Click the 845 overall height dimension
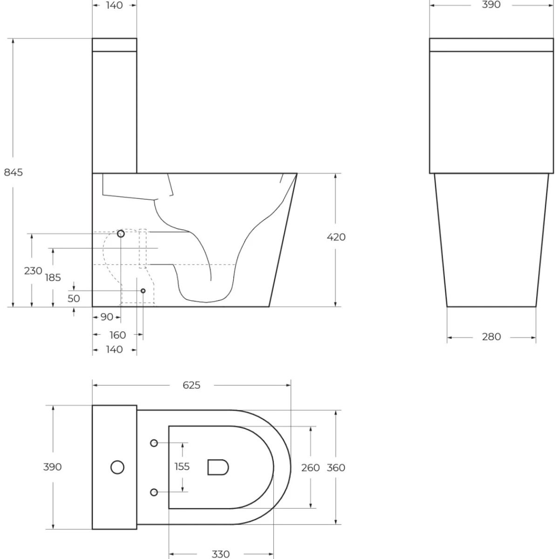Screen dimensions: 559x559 point(14,172)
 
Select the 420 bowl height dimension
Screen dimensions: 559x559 point(336,237)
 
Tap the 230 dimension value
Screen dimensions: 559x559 point(33,271)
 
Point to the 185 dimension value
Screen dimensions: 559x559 point(53,278)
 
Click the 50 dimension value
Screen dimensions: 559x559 point(74,299)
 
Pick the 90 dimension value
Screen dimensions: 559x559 point(107,317)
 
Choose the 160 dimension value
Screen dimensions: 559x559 point(117,335)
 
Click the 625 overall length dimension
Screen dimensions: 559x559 point(191,385)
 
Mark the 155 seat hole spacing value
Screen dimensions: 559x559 point(182,466)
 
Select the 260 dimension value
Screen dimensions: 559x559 point(310,468)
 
